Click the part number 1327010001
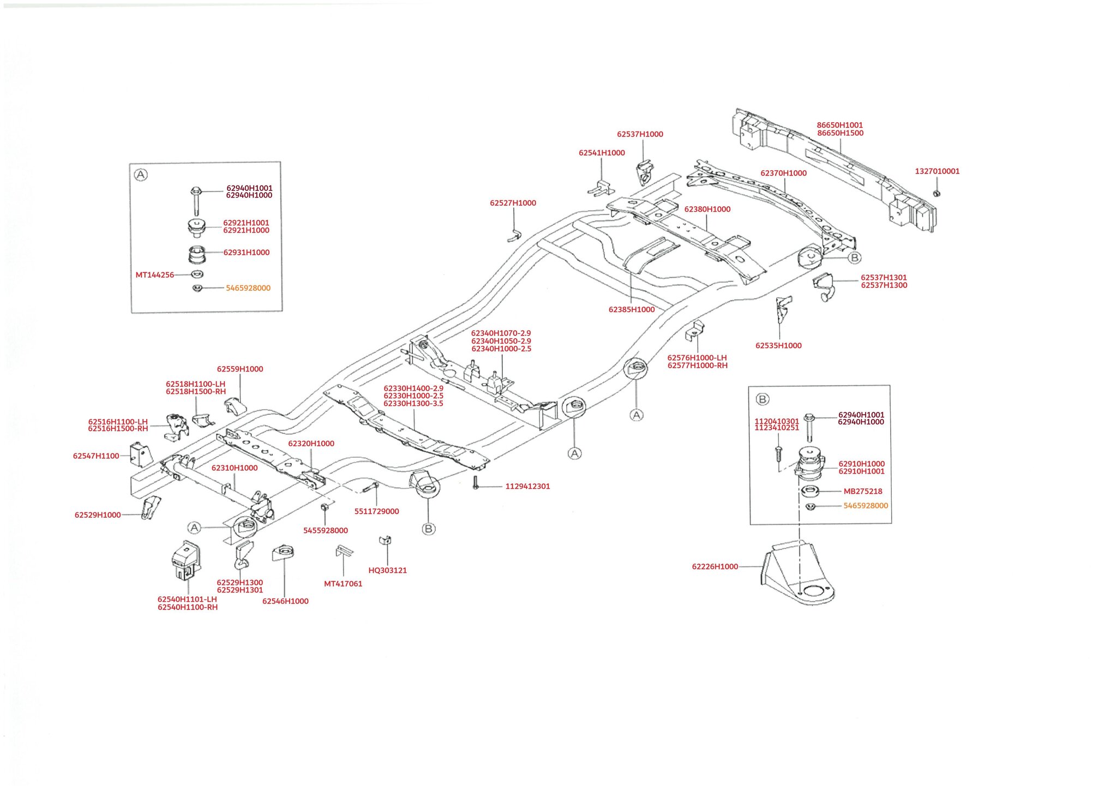(937, 171)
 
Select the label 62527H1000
(513, 203)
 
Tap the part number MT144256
(155, 275)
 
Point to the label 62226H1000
(714, 566)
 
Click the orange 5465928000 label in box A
(248, 288)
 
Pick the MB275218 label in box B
(863, 491)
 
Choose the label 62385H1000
(632, 309)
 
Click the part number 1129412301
(527, 486)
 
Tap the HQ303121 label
(387, 570)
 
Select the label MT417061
(343, 584)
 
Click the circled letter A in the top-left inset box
(141, 175)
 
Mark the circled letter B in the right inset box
(762, 399)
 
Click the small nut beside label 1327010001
(936, 193)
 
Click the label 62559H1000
(240, 369)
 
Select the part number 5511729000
(376, 511)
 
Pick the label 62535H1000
(778, 345)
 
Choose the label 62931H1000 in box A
(247, 253)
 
